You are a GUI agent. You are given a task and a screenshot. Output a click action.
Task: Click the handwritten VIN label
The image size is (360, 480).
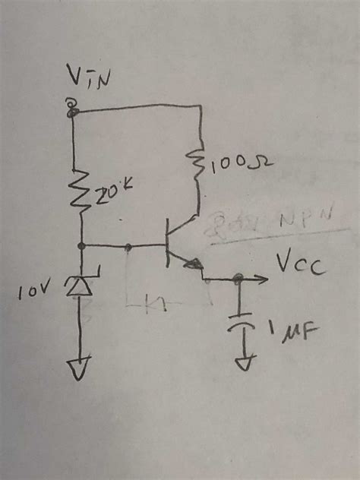[x=86, y=77]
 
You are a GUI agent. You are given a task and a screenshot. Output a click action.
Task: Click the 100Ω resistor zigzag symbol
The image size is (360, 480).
[x=199, y=163]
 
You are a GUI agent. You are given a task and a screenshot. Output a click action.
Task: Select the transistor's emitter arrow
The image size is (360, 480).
[x=195, y=265]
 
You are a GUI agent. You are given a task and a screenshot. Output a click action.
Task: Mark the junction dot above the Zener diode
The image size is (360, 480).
[x=81, y=246]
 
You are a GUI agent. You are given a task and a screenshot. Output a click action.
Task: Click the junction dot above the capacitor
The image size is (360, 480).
[x=240, y=279]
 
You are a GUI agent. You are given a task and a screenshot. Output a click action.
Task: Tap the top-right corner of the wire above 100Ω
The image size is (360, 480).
[x=200, y=108]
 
